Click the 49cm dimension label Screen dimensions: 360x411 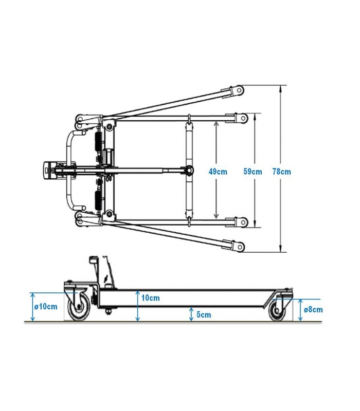[218, 172]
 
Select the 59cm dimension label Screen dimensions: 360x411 [253, 172]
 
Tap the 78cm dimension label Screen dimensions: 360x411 [281, 172]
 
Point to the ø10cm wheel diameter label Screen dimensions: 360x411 [46, 306]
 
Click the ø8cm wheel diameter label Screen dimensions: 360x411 [313, 310]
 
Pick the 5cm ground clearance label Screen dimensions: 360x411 [204, 314]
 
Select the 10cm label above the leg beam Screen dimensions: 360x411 [150, 298]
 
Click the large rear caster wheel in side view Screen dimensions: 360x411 [79, 306]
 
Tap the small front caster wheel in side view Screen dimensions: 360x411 [277, 310]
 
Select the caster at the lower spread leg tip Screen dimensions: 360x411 [237, 247]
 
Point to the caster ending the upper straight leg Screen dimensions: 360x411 [241, 118]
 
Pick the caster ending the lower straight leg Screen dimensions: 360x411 [241, 222]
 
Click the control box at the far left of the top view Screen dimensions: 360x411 [48, 171]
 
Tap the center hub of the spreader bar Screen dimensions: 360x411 [189, 171]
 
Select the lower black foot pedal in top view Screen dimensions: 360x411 [98, 200]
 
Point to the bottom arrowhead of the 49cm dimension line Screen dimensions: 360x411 [216, 215]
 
